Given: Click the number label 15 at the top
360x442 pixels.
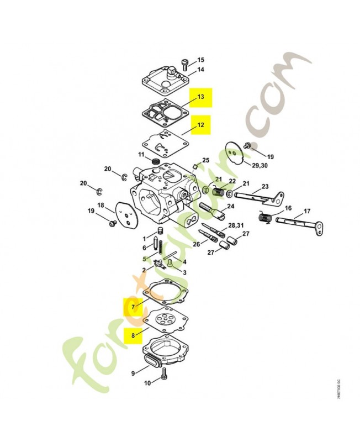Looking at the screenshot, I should pos(200,60).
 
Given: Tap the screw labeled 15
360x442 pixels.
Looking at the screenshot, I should pos(184,63).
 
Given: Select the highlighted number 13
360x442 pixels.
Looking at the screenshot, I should pos(201,97).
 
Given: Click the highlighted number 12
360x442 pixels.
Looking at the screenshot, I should pos(201,125).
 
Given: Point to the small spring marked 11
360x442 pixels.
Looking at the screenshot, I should pos(156,161).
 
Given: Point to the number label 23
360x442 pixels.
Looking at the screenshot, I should pos(264,186).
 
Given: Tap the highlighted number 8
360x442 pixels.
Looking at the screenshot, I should pos(133,334).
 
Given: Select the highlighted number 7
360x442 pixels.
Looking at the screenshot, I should pos(133,305).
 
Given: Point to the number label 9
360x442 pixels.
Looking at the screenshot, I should pos(133,373).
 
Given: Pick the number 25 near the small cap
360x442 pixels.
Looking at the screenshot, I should pos(205,160).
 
